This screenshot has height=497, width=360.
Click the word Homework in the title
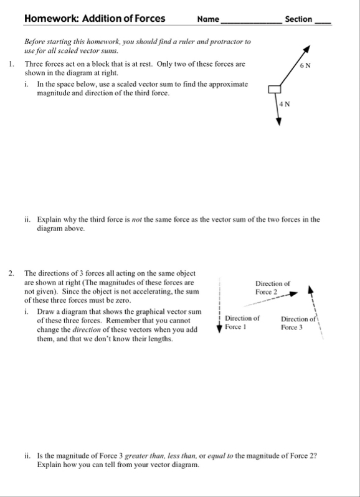51,19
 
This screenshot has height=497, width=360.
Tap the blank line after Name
251,23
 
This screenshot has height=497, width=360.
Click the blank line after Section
323,23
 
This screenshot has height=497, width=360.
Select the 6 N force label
305,65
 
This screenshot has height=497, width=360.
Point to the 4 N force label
285,104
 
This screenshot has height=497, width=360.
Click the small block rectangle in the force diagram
275,90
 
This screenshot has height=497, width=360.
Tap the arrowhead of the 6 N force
306,49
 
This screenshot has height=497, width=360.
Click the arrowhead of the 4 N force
278,121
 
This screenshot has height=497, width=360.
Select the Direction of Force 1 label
242,323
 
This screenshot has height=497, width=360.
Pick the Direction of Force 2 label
273,288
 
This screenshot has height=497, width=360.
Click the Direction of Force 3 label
298,323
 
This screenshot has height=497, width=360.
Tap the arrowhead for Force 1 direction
219,329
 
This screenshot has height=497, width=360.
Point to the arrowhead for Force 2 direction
294,294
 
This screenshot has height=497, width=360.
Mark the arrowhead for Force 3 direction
311,289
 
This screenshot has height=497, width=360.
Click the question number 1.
11,64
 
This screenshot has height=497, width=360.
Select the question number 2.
11,273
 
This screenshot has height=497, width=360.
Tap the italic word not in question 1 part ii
136,220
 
